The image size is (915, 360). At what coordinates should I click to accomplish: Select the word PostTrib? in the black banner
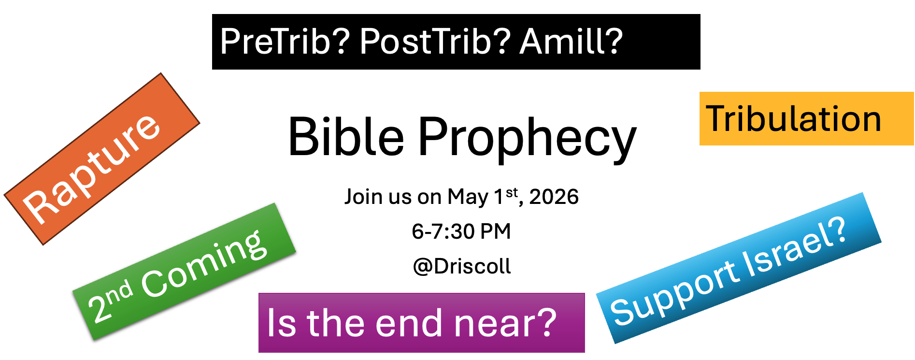[x=435, y=41]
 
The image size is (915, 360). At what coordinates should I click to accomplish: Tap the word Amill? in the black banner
[x=572, y=41]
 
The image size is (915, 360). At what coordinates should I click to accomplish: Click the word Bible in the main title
[x=346, y=137]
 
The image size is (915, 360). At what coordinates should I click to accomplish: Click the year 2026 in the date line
[x=554, y=197]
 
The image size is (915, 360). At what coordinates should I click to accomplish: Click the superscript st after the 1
[x=512, y=193]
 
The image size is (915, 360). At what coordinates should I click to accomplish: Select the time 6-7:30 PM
[x=461, y=231]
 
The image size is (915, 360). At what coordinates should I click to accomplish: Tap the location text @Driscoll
[x=462, y=266]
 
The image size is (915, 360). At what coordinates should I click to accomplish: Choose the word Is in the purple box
[x=281, y=322]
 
